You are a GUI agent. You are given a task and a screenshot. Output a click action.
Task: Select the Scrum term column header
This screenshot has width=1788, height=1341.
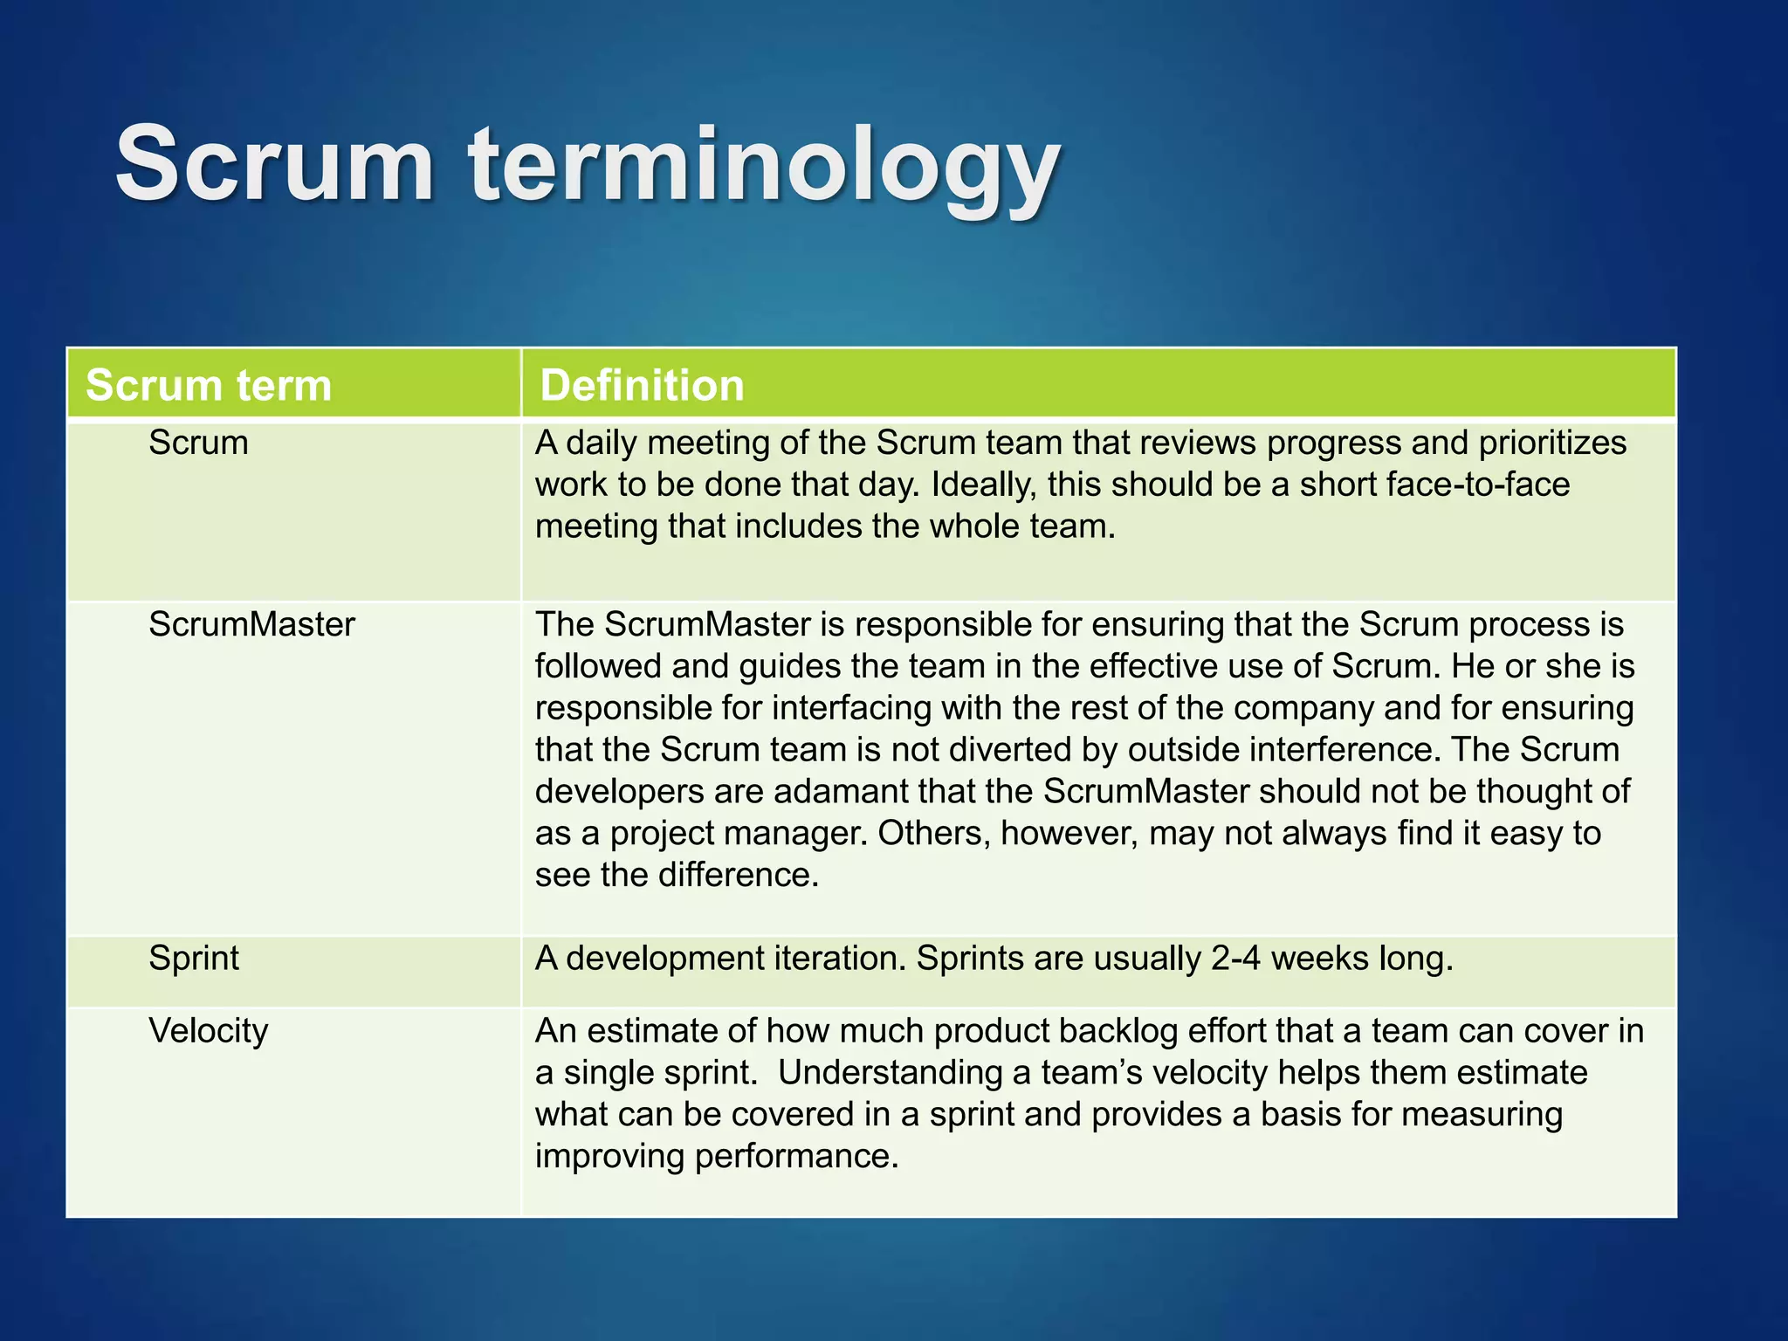click(x=209, y=385)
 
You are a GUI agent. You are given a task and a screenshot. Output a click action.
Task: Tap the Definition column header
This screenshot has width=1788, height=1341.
click(x=642, y=385)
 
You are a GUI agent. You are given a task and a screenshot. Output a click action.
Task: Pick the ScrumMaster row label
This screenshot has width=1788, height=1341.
click(x=251, y=624)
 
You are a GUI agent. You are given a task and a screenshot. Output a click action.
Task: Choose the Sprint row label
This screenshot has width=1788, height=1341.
click(x=194, y=958)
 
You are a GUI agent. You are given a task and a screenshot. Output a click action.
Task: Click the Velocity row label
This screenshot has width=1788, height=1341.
click(x=208, y=1030)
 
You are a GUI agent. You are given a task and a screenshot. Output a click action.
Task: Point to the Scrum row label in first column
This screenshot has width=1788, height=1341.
click(x=198, y=443)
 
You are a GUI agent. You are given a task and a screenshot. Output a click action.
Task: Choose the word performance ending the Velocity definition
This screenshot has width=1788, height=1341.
click(x=795, y=1156)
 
